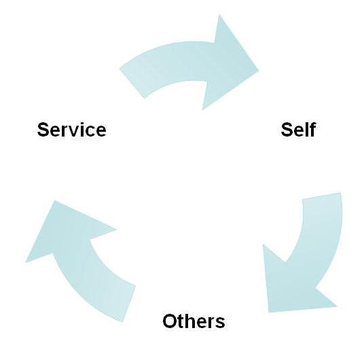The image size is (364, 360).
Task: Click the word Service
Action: click(x=72, y=129)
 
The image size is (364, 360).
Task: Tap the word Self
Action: click(x=298, y=129)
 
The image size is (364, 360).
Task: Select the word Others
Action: click(x=194, y=321)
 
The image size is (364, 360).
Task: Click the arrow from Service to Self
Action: click(x=190, y=62)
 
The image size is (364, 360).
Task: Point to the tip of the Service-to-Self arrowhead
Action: click(x=259, y=71)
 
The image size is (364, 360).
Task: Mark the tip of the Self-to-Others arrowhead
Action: click(x=269, y=312)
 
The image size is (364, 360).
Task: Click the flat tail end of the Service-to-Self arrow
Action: click(x=132, y=84)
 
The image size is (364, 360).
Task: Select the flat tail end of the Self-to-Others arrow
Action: click(x=321, y=196)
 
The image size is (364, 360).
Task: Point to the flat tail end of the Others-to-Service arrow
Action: click(x=129, y=304)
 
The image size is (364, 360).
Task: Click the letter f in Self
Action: click(x=313, y=129)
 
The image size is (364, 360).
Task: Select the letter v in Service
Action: click(x=73, y=131)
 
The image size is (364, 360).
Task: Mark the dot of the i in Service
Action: click(x=81, y=124)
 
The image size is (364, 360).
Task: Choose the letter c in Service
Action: click(x=89, y=131)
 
